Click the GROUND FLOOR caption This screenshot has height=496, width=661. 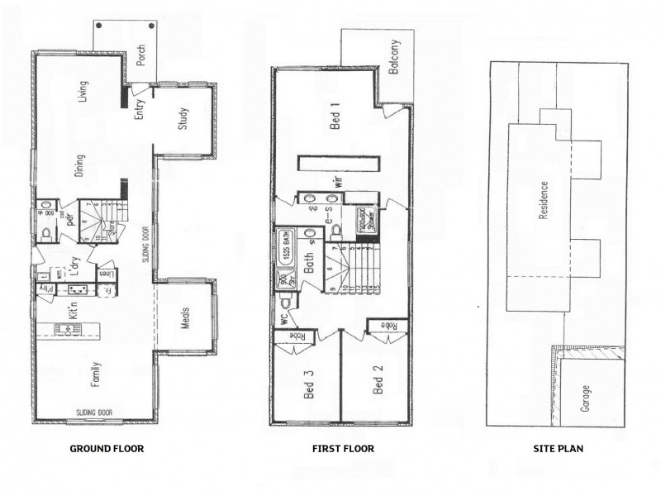[107, 449]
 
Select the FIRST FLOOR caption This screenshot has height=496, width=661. [343, 449]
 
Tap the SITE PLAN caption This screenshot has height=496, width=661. [560, 449]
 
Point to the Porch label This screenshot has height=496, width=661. [141, 55]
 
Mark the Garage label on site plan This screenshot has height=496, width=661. [586, 398]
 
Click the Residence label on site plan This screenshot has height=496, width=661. [543, 200]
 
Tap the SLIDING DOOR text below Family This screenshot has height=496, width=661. [93, 411]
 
